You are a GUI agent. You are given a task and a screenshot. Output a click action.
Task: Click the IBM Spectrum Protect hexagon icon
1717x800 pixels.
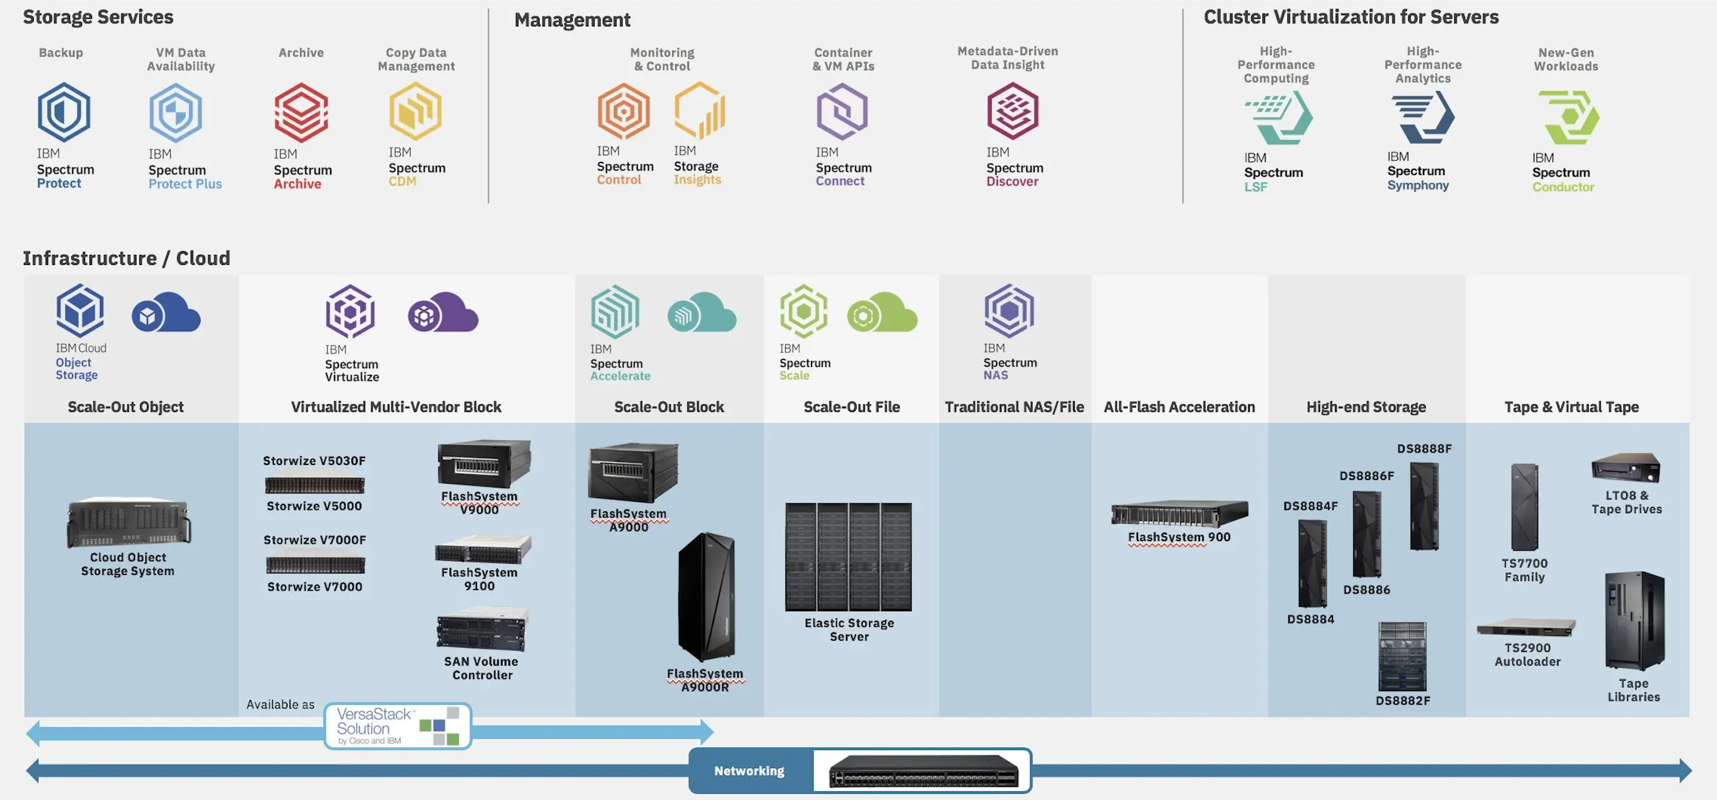coord(63,111)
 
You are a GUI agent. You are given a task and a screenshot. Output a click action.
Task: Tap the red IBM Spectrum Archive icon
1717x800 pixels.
coord(301,112)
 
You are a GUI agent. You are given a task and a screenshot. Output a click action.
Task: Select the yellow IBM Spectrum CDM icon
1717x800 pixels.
coord(416,111)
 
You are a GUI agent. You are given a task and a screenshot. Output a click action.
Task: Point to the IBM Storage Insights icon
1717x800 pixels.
coord(699,109)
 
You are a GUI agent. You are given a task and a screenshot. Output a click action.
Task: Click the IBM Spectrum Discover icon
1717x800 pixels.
coord(1012,111)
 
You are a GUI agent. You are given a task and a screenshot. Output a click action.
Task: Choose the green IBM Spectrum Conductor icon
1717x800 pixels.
coord(1568,117)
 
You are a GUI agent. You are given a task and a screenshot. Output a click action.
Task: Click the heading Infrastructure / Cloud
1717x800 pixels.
coord(127,257)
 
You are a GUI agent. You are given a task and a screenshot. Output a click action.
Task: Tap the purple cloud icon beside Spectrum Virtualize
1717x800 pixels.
coord(443,312)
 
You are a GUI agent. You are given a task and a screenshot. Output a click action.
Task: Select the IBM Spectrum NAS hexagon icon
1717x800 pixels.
coord(1009,311)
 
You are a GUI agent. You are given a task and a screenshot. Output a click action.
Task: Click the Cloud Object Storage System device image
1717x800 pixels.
coord(128,523)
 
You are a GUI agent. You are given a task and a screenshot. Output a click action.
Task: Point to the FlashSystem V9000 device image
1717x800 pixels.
coord(484,464)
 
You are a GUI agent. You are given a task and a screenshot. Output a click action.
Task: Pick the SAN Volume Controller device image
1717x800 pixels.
coord(481,629)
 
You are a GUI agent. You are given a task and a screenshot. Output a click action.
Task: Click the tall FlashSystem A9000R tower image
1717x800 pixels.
coord(707,597)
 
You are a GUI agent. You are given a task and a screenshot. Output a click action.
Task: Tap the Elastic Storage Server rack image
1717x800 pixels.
coord(848,557)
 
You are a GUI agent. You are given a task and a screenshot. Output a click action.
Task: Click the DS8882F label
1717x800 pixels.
coord(1403,700)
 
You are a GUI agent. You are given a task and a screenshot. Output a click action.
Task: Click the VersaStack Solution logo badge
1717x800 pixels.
coord(398,726)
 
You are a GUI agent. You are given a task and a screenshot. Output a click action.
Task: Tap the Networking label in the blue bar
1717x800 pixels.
coord(749,771)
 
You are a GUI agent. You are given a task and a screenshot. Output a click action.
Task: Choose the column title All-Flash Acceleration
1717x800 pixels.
coord(1179,407)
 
